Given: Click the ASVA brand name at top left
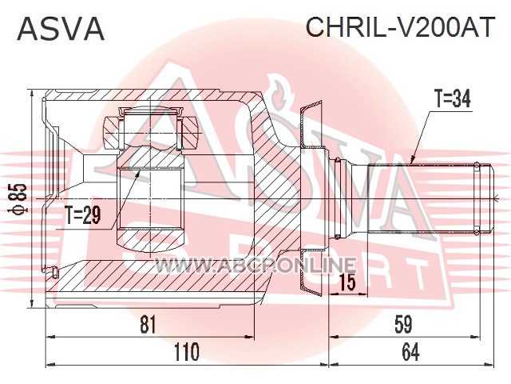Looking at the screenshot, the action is tap(61, 29).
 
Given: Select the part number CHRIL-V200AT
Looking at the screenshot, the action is tap(400, 27).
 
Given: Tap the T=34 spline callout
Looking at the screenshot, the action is tap(453, 99).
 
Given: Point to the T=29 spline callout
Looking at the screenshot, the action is tap(83, 215).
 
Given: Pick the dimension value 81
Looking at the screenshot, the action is tap(149, 325).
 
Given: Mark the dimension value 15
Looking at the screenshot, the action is tap(347, 282).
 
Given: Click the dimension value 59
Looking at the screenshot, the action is tap(403, 325).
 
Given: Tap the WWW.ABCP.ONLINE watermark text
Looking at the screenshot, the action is tap(255, 265).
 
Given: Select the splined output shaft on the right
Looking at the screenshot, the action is tap(424, 198).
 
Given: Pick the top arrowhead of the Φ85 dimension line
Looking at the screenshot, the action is tap(32, 94).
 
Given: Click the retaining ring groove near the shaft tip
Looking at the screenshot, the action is tap(477, 198).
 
